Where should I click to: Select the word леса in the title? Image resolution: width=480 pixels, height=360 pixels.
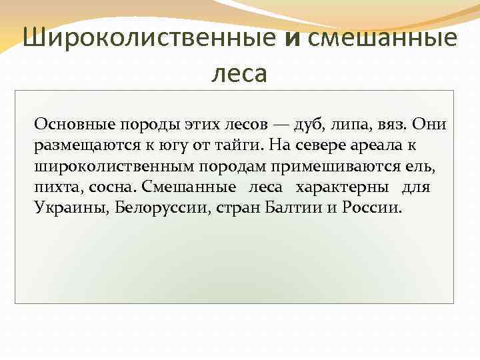pyautogui.click(x=239, y=72)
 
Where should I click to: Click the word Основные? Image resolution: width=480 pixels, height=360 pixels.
pyautogui.click(x=73, y=124)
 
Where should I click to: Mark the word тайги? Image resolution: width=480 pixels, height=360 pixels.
pyautogui.click(x=243, y=145)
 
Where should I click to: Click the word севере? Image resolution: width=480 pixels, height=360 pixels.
pyautogui.click(x=329, y=145)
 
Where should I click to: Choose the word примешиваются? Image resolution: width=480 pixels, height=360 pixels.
pyautogui.click(x=361, y=166)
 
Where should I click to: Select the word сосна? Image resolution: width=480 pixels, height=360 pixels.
pyautogui.click(x=113, y=187)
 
